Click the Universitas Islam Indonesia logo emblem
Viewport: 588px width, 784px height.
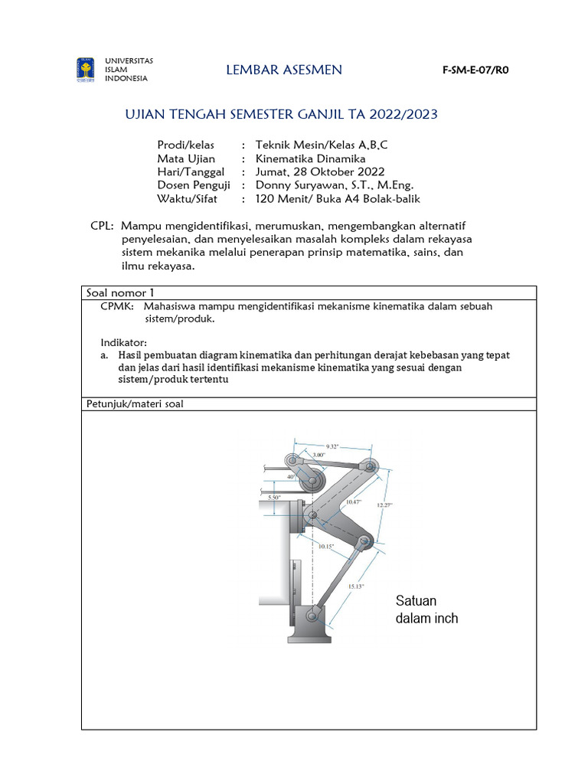(85, 70)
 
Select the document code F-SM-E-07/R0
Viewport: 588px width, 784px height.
(475, 70)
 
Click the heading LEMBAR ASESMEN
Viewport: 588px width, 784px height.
(284, 70)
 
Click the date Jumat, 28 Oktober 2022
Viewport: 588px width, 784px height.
(320, 171)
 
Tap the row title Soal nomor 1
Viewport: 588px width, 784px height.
(119, 292)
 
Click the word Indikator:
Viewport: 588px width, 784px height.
(123, 341)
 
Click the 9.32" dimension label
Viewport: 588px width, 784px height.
(332, 446)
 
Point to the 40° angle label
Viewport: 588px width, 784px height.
(291, 476)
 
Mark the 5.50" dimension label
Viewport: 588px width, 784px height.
(273, 497)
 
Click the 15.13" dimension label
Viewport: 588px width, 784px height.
(356, 586)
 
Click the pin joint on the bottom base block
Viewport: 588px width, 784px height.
(311, 616)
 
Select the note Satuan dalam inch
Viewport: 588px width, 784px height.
(426, 609)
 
